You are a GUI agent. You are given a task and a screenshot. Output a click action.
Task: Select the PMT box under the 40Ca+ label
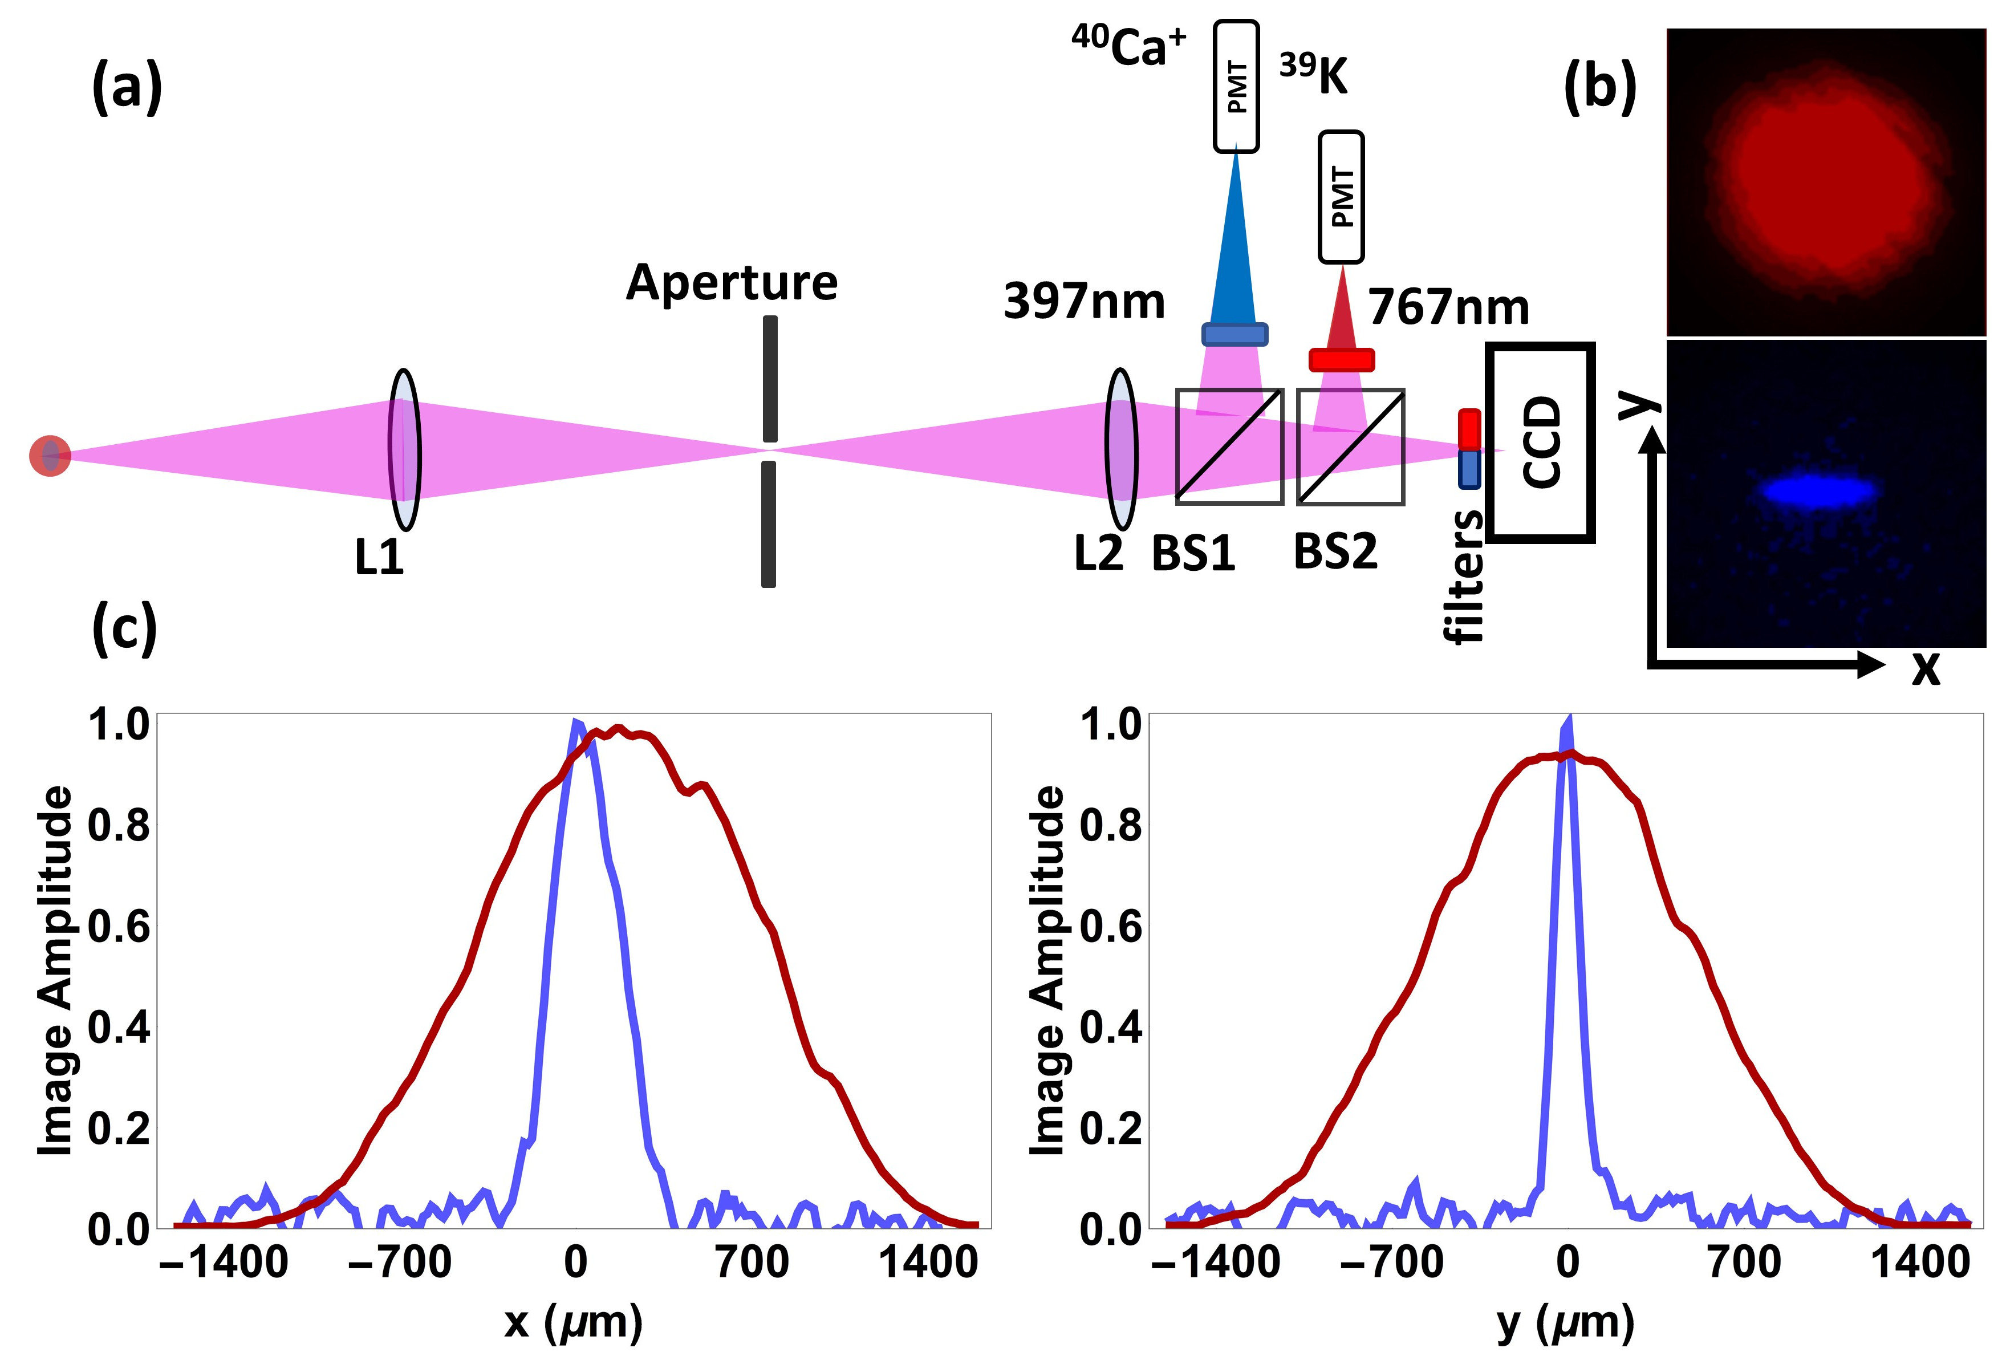click(1236, 87)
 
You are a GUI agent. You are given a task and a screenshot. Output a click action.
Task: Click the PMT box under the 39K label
click(1341, 197)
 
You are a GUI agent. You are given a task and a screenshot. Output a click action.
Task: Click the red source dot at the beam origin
click(50, 456)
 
